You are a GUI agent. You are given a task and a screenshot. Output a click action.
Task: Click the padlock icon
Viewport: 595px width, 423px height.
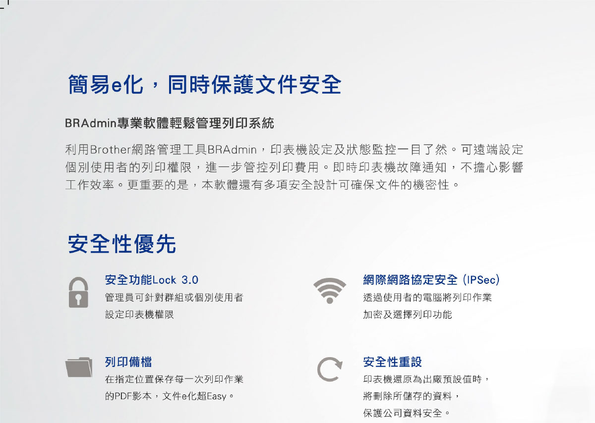pyautogui.click(x=78, y=292)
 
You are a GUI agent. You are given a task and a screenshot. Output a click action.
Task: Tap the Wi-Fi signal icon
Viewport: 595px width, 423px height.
pyautogui.click(x=330, y=290)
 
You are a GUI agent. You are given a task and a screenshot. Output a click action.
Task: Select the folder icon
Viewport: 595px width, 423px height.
pyautogui.click(x=79, y=367)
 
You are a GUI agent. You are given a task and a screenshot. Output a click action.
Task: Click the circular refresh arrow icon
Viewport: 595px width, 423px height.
pyautogui.click(x=330, y=369)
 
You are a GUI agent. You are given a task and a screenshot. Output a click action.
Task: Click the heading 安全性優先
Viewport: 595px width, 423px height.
pyautogui.click(x=121, y=244)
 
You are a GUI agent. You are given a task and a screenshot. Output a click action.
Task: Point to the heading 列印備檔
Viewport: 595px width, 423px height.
pyautogui.click(x=128, y=362)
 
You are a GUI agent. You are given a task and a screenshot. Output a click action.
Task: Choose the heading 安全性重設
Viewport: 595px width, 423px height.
pyautogui.click(x=392, y=362)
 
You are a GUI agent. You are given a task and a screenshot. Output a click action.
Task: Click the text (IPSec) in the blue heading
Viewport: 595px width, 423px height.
pyautogui.click(x=481, y=280)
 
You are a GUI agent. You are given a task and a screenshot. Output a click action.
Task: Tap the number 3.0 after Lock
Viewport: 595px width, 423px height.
pyautogui.click(x=190, y=280)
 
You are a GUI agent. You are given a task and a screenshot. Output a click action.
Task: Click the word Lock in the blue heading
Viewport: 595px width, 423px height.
pyautogui.click(x=164, y=280)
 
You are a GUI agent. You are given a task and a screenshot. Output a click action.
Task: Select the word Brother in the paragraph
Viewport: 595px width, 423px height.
pyautogui.click(x=111, y=150)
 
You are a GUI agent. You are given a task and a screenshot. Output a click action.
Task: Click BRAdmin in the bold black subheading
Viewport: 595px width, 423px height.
pyautogui.click(x=91, y=123)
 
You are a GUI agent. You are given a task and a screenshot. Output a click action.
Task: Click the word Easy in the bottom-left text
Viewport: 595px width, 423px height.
pyautogui.click(x=217, y=396)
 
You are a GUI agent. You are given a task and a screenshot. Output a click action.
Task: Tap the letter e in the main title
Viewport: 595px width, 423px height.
pyautogui.click(x=117, y=86)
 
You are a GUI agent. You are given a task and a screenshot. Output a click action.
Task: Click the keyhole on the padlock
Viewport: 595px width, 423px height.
pyautogui.click(x=78, y=299)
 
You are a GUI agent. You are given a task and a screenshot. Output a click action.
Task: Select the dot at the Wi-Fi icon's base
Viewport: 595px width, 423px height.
pyautogui.click(x=330, y=300)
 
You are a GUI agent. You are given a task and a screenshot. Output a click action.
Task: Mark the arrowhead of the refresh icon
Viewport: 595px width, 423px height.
pyautogui.click(x=338, y=363)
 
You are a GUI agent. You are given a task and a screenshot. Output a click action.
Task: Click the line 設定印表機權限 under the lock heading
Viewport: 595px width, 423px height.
pyautogui.click(x=139, y=315)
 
